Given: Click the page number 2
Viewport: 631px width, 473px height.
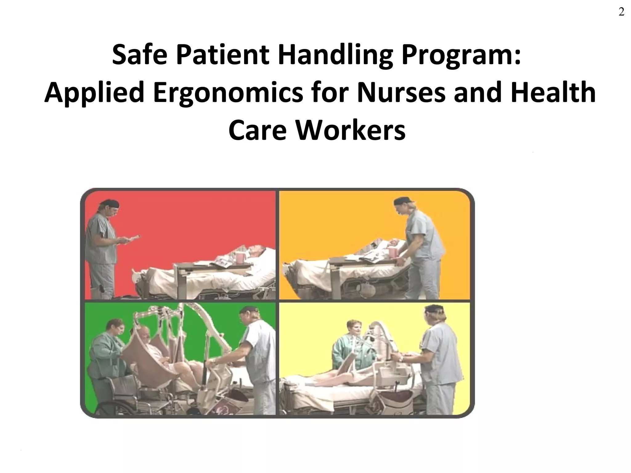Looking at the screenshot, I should tap(621, 12).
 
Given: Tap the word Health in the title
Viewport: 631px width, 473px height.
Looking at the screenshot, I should tap(553, 93).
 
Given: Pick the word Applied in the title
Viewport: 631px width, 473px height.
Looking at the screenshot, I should tap(95, 93).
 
